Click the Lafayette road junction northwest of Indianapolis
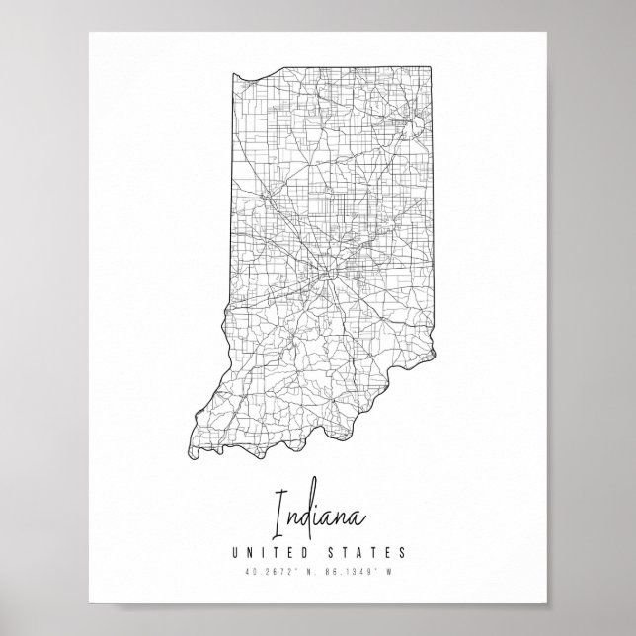point(268,197)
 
